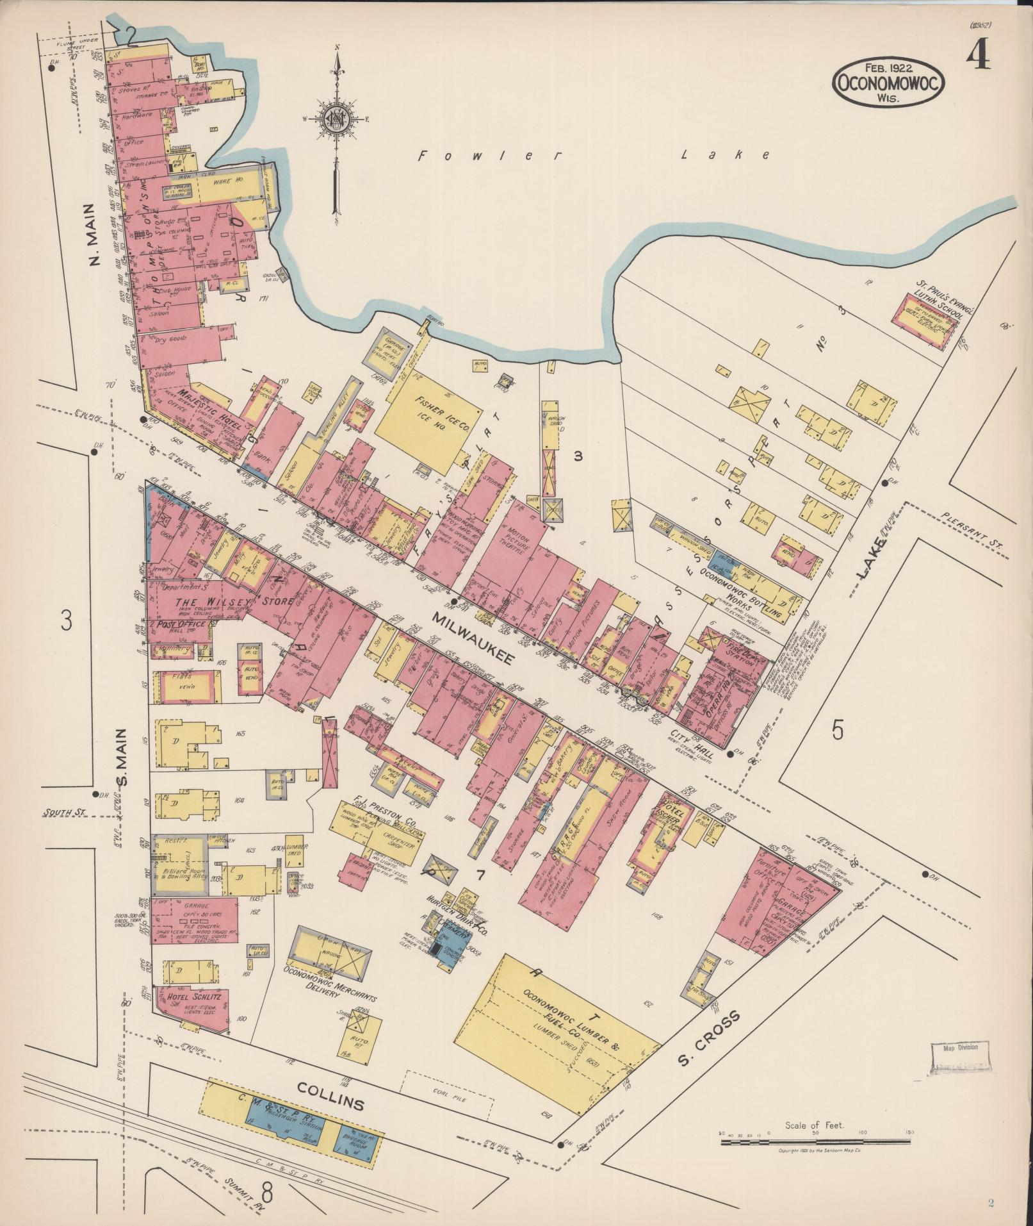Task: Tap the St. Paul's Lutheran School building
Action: point(923,321)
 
